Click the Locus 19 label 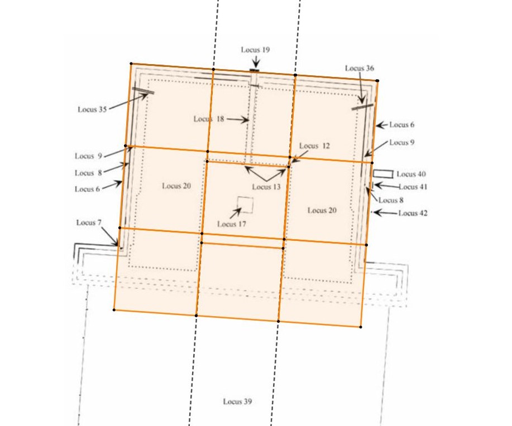point(255,50)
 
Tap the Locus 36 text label point(360,68)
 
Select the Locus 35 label point(92,109)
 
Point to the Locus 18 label point(209,119)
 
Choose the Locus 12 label point(314,146)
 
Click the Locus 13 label point(266,187)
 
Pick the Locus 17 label point(232,224)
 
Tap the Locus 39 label point(237,401)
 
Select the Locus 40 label point(411,174)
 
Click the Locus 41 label point(413,187)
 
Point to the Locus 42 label point(413,214)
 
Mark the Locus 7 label point(89,222)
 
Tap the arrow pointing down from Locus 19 point(256,62)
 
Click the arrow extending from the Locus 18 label point(238,120)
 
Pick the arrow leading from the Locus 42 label point(386,213)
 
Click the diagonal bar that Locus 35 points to point(143,90)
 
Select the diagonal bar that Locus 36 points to point(362,106)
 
